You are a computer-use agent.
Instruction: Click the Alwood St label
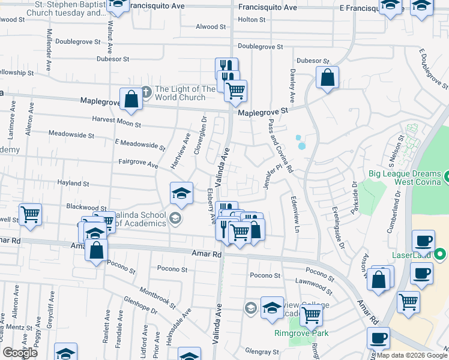click(211, 26)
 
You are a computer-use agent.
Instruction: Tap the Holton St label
click(252, 19)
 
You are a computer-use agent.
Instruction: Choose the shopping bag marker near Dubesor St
click(327, 78)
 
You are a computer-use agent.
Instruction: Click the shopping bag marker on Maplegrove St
click(131, 100)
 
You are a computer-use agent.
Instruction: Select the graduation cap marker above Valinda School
click(181, 193)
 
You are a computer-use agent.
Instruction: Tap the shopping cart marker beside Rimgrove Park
click(311, 314)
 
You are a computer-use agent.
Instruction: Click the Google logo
click(20, 353)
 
